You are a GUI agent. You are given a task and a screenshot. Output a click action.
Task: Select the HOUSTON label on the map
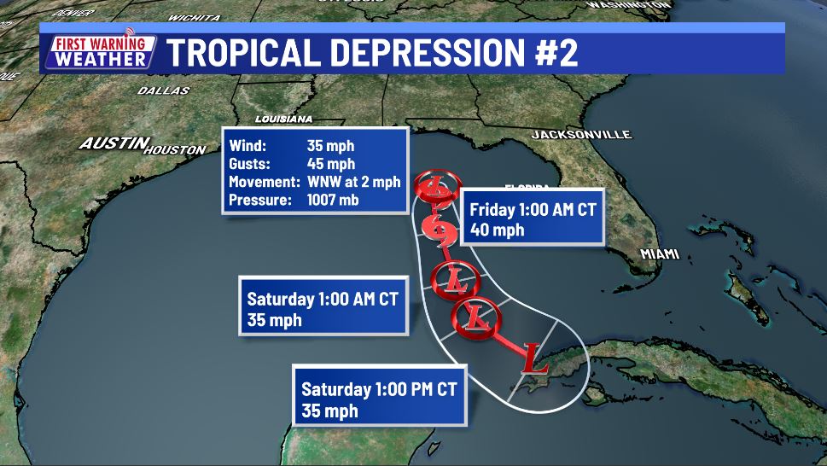(175, 150)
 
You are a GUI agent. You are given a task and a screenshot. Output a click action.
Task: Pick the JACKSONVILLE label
(580, 135)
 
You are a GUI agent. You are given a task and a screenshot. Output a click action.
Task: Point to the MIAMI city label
(660, 254)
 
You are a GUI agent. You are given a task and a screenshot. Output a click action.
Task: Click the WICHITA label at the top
(194, 17)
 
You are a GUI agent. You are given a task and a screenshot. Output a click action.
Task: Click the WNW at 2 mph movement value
(352, 182)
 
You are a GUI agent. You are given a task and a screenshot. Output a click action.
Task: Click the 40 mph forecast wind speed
(497, 230)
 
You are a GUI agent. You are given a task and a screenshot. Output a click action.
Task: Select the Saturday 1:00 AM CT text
(322, 300)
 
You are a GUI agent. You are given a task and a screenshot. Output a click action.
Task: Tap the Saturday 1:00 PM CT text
(379, 390)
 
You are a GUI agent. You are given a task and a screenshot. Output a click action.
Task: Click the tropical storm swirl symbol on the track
(437, 230)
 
